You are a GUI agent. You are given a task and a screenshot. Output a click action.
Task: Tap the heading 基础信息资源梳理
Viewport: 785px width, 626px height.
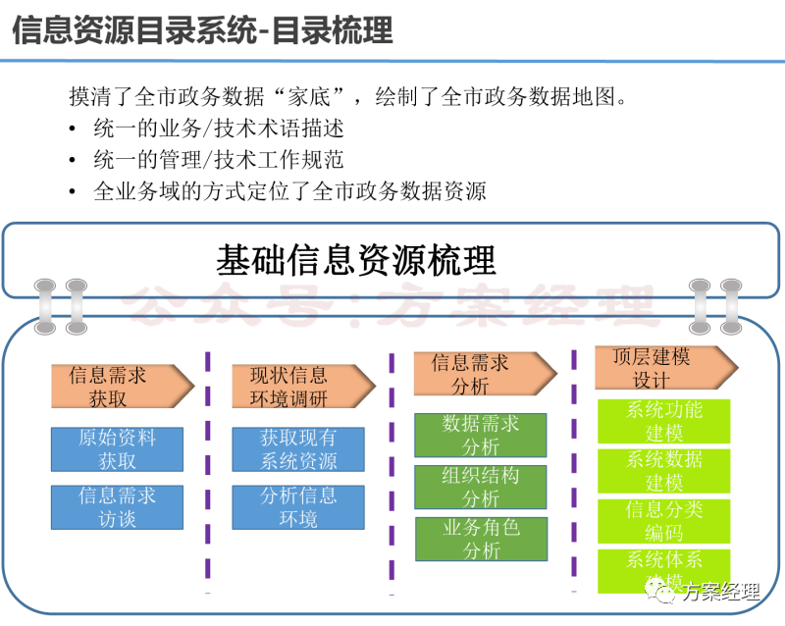point(356,260)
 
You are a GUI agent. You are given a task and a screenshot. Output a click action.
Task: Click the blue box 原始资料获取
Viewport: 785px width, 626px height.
point(117,449)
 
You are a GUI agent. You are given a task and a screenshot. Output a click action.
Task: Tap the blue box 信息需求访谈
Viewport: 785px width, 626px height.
point(117,507)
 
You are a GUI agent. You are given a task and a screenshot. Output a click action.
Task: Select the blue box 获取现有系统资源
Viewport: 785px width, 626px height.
point(298,449)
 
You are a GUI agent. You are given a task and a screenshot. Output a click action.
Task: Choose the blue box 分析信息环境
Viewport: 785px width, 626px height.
point(298,507)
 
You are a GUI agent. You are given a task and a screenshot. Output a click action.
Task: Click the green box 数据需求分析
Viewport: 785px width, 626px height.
point(481,435)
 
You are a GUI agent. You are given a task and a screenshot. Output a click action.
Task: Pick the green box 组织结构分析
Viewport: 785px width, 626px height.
point(481,487)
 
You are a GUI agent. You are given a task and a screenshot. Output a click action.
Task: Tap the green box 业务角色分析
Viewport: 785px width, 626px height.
point(481,539)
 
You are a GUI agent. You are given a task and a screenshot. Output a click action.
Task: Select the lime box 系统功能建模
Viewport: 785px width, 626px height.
point(664,421)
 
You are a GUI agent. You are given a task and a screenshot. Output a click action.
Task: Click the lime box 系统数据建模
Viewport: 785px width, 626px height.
point(664,471)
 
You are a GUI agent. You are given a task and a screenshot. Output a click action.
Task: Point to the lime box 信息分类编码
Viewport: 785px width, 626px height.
point(664,521)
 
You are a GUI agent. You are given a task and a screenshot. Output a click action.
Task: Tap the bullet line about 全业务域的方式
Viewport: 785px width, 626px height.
point(289,190)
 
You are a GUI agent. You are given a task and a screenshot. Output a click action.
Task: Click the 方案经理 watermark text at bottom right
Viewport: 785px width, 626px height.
point(721,592)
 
